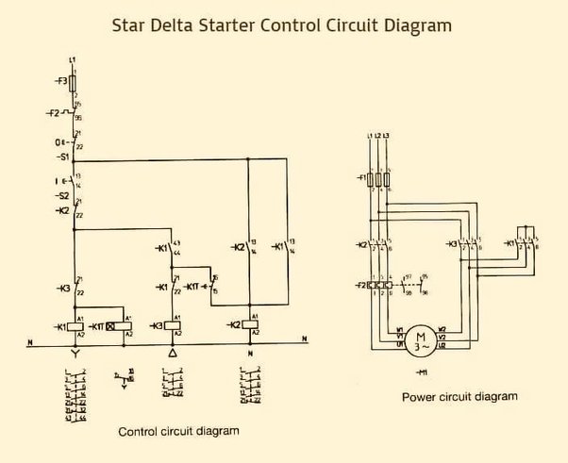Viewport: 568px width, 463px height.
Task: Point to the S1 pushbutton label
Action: click(63, 157)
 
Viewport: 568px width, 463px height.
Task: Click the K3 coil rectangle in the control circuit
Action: click(172, 325)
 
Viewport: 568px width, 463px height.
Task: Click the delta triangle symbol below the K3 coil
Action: click(172, 352)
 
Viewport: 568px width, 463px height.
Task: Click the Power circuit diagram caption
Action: click(459, 397)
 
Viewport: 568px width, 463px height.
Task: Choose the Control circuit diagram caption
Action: click(178, 431)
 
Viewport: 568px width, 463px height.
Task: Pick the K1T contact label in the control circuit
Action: click(191, 286)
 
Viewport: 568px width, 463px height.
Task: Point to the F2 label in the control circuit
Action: click(54, 114)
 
